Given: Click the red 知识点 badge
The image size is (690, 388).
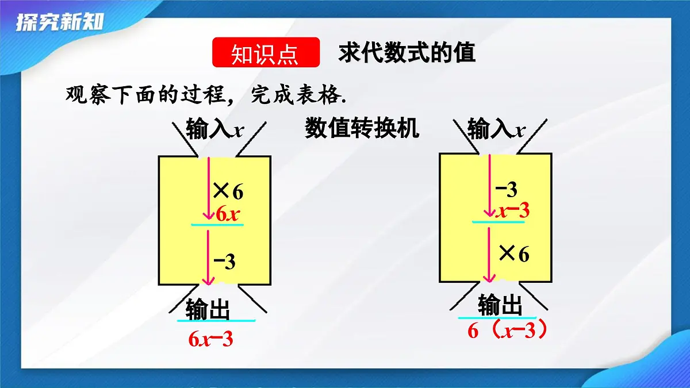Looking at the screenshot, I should click(266, 53).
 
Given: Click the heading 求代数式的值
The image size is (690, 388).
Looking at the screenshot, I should click(407, 53).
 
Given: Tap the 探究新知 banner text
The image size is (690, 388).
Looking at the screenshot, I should click(60, 23).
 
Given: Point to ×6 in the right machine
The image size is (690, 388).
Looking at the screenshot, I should click(513, 253).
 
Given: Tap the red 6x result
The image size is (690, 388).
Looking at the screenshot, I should click(227, 214).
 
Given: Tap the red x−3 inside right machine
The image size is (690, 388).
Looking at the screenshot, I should click(513, 211).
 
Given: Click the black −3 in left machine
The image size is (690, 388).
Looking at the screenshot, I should click(225, 262).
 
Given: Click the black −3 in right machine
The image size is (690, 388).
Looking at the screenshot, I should click(506, 189).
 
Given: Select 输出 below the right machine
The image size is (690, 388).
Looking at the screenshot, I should click(500, 305).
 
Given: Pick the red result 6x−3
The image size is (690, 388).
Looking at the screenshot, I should click(210, 339).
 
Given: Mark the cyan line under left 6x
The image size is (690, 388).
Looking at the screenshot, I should click(217, 225).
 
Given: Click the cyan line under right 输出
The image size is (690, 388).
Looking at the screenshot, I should click(497, 317).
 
